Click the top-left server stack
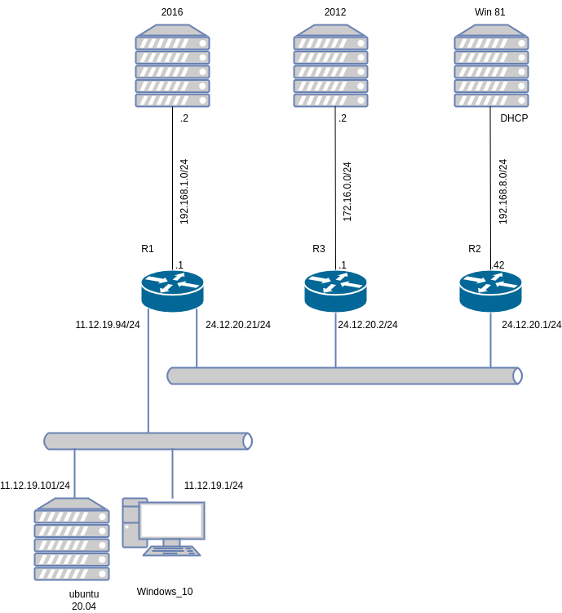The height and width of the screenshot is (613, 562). pos(172,66)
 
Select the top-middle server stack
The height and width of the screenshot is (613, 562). pos(330,66)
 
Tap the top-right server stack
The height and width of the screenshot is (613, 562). pos(491,66)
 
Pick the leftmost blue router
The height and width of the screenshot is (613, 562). pos(172,291)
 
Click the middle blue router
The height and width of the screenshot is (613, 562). pos(335,291)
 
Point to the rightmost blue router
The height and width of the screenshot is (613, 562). pos(490,291)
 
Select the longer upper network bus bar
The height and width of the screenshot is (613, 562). pos(343,375)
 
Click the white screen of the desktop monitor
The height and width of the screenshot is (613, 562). pos(171,520)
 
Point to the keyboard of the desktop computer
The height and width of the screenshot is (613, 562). pos(172,551)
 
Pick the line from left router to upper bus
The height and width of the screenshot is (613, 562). pos(197,339)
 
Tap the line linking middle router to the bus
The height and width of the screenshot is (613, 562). pos(335,340)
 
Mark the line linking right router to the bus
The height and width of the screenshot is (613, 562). pos(490,340)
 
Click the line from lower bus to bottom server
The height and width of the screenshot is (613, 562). pos(74,473)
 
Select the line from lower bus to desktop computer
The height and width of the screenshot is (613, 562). pos(172,473)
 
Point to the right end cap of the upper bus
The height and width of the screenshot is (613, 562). pos(517,375)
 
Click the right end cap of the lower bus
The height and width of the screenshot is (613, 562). pos(247,441)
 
